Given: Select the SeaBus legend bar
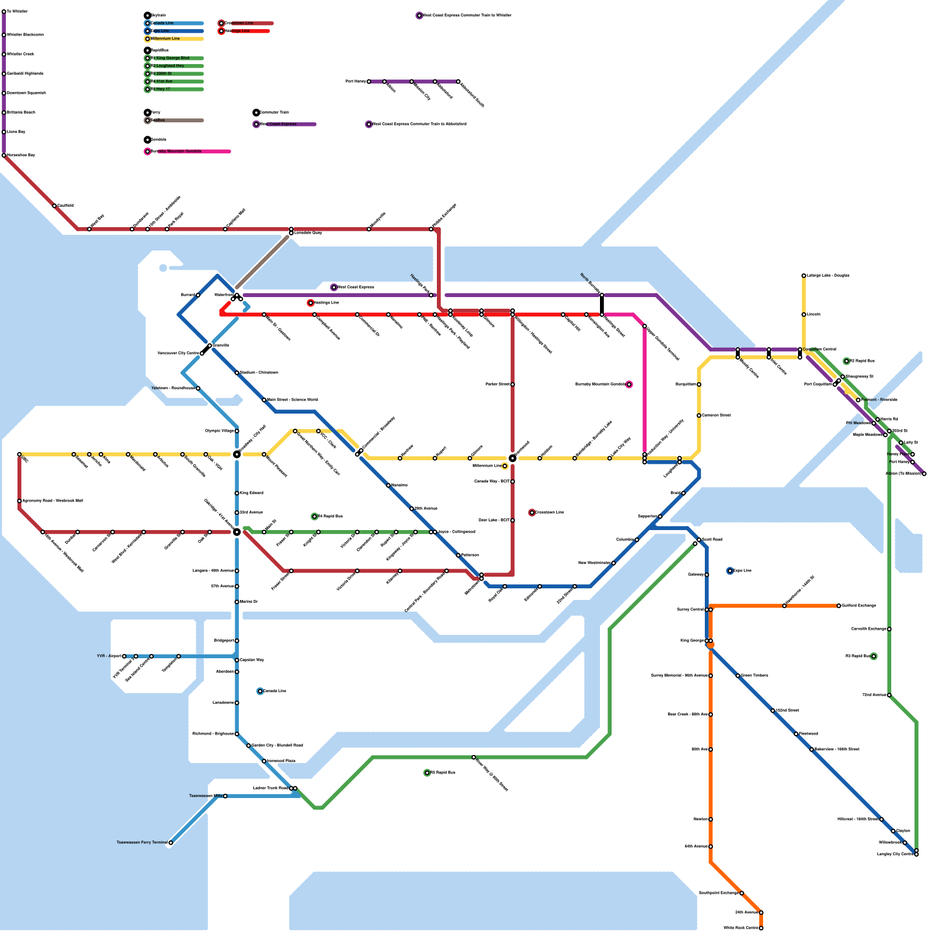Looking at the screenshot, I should [x=175, y=121].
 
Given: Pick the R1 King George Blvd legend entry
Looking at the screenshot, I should [x=175, y=58].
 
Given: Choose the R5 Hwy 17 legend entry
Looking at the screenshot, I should [x=175, y=90].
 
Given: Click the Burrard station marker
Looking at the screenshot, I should [x=198, y=295].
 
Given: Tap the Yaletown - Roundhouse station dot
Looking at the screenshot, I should [x=198, y=389].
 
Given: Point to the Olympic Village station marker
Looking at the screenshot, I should [x=236, y=431].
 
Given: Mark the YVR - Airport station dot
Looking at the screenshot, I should [x=124, y=656].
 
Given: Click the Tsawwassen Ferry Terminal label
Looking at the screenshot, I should [x=142, y=842].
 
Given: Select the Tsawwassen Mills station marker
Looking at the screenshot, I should [x=225, y=796].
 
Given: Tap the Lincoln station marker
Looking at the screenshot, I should [x=804, y=315].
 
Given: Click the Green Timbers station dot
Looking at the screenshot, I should [x=738, y=676].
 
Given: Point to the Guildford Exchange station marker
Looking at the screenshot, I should [x=839, y=606].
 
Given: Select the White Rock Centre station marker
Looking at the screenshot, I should [x=761, y=928].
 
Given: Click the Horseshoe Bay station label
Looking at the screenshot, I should [x=21, y=155].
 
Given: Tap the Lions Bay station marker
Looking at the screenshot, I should [x=4, y=132].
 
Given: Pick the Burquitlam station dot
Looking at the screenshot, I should [x=699, y=384].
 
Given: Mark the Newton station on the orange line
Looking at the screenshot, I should [x=711, y=820].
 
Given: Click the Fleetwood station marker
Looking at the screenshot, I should [x=796, y=734].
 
